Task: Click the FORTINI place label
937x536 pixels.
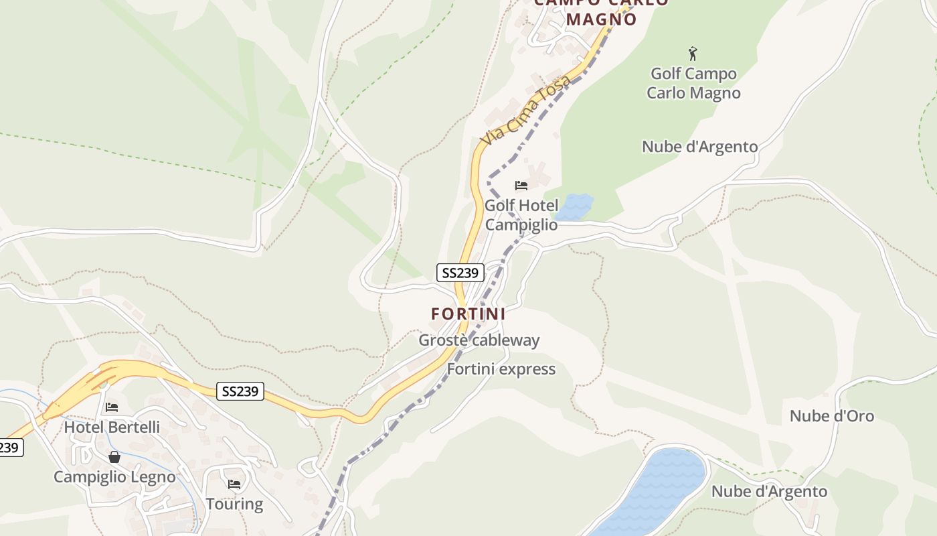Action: point(468,314)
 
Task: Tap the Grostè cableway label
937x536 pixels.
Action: point(479,340)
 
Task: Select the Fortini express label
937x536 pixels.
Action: point(501,369)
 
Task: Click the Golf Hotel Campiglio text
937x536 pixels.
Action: point(521,215)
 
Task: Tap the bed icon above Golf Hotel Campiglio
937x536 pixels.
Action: point(521,186)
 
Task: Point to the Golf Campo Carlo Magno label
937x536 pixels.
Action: point(693,83)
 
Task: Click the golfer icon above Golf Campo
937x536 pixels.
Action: point(693,53)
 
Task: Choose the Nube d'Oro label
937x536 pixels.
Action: point(831,416)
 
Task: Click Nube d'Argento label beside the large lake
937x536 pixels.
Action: point(769,492)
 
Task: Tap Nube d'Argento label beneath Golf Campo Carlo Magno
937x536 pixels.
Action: point(699,147)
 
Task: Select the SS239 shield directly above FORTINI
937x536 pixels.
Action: point(460,273)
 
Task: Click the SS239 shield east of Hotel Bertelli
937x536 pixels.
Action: point(240,391)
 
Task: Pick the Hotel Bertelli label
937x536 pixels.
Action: point(112,427)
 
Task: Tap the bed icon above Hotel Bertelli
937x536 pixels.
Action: point(112,407)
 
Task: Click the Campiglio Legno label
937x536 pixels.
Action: point(114,477)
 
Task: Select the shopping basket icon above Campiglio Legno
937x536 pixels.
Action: point(114,457)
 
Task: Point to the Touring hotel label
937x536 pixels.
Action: point(234,504)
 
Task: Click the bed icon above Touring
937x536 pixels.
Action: point(234,484)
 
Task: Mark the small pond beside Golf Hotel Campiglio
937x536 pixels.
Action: point(574,206)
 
